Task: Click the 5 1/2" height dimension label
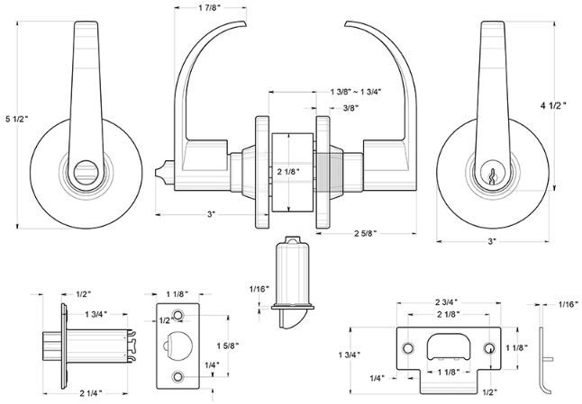click(17, 119)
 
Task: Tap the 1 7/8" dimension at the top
click(210, 8)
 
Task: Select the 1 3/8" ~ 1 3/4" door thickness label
click(356, 92)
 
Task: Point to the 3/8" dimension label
click(350, 108)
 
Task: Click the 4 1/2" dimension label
click(553, 105)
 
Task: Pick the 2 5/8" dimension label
click(366, 233)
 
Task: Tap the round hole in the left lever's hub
click(86, 172)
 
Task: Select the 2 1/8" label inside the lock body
click(288, 171)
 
